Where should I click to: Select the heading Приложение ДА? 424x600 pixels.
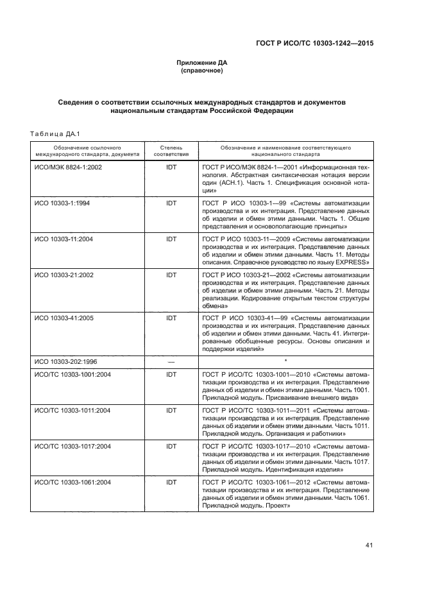coord(202,63)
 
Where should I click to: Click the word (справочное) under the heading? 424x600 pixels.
coord(202,71)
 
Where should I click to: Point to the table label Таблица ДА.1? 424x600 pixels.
coord(54,133)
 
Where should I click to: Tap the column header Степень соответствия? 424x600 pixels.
coord(171,151)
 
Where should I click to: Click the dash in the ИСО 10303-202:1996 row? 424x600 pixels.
coord(171,362)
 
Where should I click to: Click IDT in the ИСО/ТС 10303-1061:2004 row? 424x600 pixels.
coord(171,481)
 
